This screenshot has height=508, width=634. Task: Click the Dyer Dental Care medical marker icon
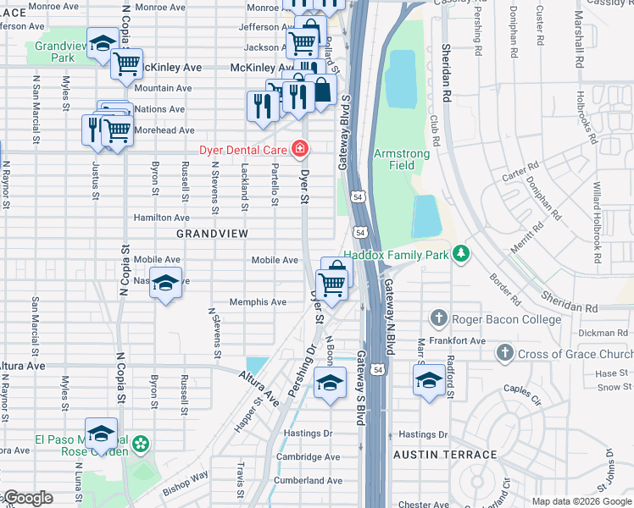tap(299, 150)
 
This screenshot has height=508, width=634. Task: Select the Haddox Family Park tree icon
tap(461, 253)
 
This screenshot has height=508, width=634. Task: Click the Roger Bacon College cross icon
tap(438, 318)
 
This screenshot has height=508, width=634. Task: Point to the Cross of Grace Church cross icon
tap(504, 352)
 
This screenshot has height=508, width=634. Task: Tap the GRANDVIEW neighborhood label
tap(212, 233)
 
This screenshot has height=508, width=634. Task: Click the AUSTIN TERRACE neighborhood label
tap(445, 455)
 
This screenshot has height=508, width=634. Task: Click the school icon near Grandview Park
tap(102, 45)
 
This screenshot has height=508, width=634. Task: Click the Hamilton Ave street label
tap(162, 218)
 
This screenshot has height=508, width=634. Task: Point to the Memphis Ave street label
tap(258, 302)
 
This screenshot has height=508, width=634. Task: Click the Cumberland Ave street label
tap(309, 480)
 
